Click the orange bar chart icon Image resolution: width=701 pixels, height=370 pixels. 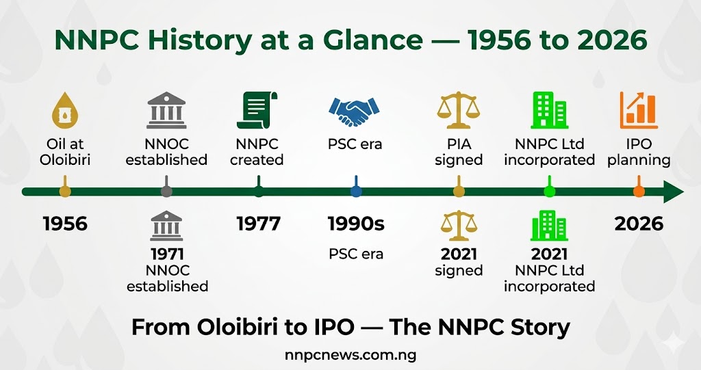point(638,111)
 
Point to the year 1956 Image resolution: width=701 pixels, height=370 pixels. point(65,223)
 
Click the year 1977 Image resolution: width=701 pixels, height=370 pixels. point(259,223)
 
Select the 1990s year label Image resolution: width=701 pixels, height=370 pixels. point(355,223)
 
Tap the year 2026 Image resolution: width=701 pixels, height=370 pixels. point(638,223)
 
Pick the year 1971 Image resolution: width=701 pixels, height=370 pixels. point(167,254)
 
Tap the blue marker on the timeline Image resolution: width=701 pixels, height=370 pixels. point(355,191)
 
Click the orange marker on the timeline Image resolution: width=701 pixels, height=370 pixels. point(638,191)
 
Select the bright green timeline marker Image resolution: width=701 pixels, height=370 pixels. point(548,191)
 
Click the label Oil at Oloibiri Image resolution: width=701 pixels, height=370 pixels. point(65,152)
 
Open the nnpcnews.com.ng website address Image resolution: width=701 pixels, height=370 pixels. point(350,354)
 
